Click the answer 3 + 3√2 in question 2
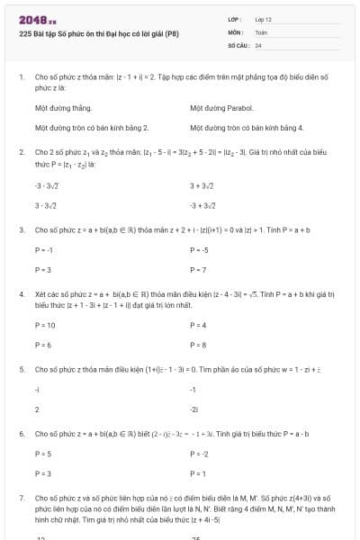202,185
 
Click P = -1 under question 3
44,249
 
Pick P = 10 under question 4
45,325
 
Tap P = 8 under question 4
199,345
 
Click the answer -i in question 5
37,389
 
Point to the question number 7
21,497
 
